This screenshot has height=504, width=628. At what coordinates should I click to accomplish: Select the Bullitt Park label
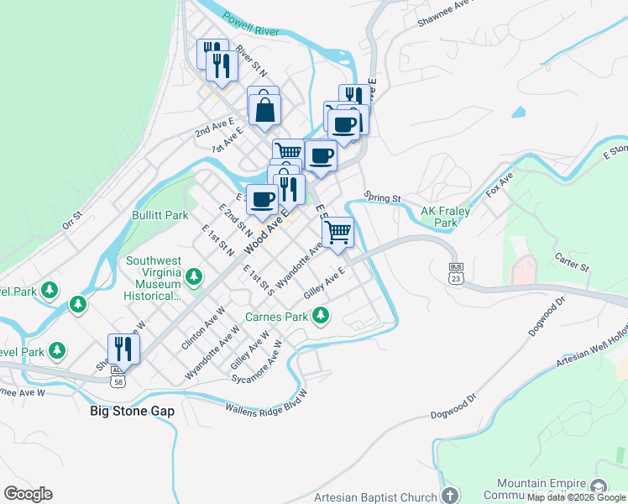coord(160,215)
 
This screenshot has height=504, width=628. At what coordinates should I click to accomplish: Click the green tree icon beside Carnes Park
coord(320,317)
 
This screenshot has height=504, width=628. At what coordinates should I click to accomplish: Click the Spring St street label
coord(383,198)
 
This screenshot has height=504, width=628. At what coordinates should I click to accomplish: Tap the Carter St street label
coord(573,263)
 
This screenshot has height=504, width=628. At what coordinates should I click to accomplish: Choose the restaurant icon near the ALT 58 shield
coord(124,348)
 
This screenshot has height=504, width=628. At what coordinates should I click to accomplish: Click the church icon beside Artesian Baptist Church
coord(449,496)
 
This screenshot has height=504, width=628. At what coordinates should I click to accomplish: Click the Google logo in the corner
coord(28,494)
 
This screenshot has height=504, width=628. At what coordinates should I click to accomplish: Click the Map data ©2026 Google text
coord(576,497)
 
